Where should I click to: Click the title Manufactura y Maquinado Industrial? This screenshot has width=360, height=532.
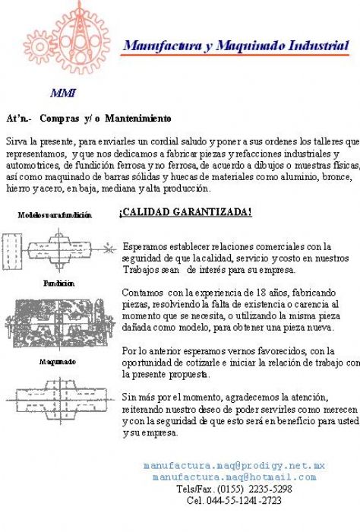point(236,46)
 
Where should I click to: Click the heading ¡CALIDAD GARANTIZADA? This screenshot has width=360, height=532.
point(185,212)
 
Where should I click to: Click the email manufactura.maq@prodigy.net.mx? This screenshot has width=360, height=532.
point(234,465)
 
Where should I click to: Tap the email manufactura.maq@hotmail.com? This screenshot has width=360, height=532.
point(234,477)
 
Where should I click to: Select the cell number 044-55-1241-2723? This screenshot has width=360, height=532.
point(245,501)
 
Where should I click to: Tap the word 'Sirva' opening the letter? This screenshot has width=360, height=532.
point(16,142)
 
